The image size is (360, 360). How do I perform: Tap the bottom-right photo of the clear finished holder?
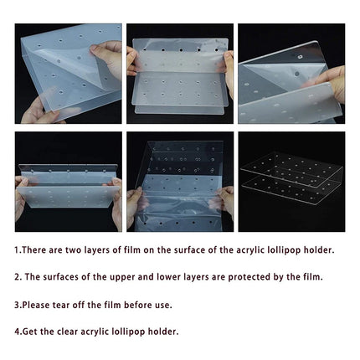click(x=291, y=182)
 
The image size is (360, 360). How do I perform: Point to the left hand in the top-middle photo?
click(x=132, y=62)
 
